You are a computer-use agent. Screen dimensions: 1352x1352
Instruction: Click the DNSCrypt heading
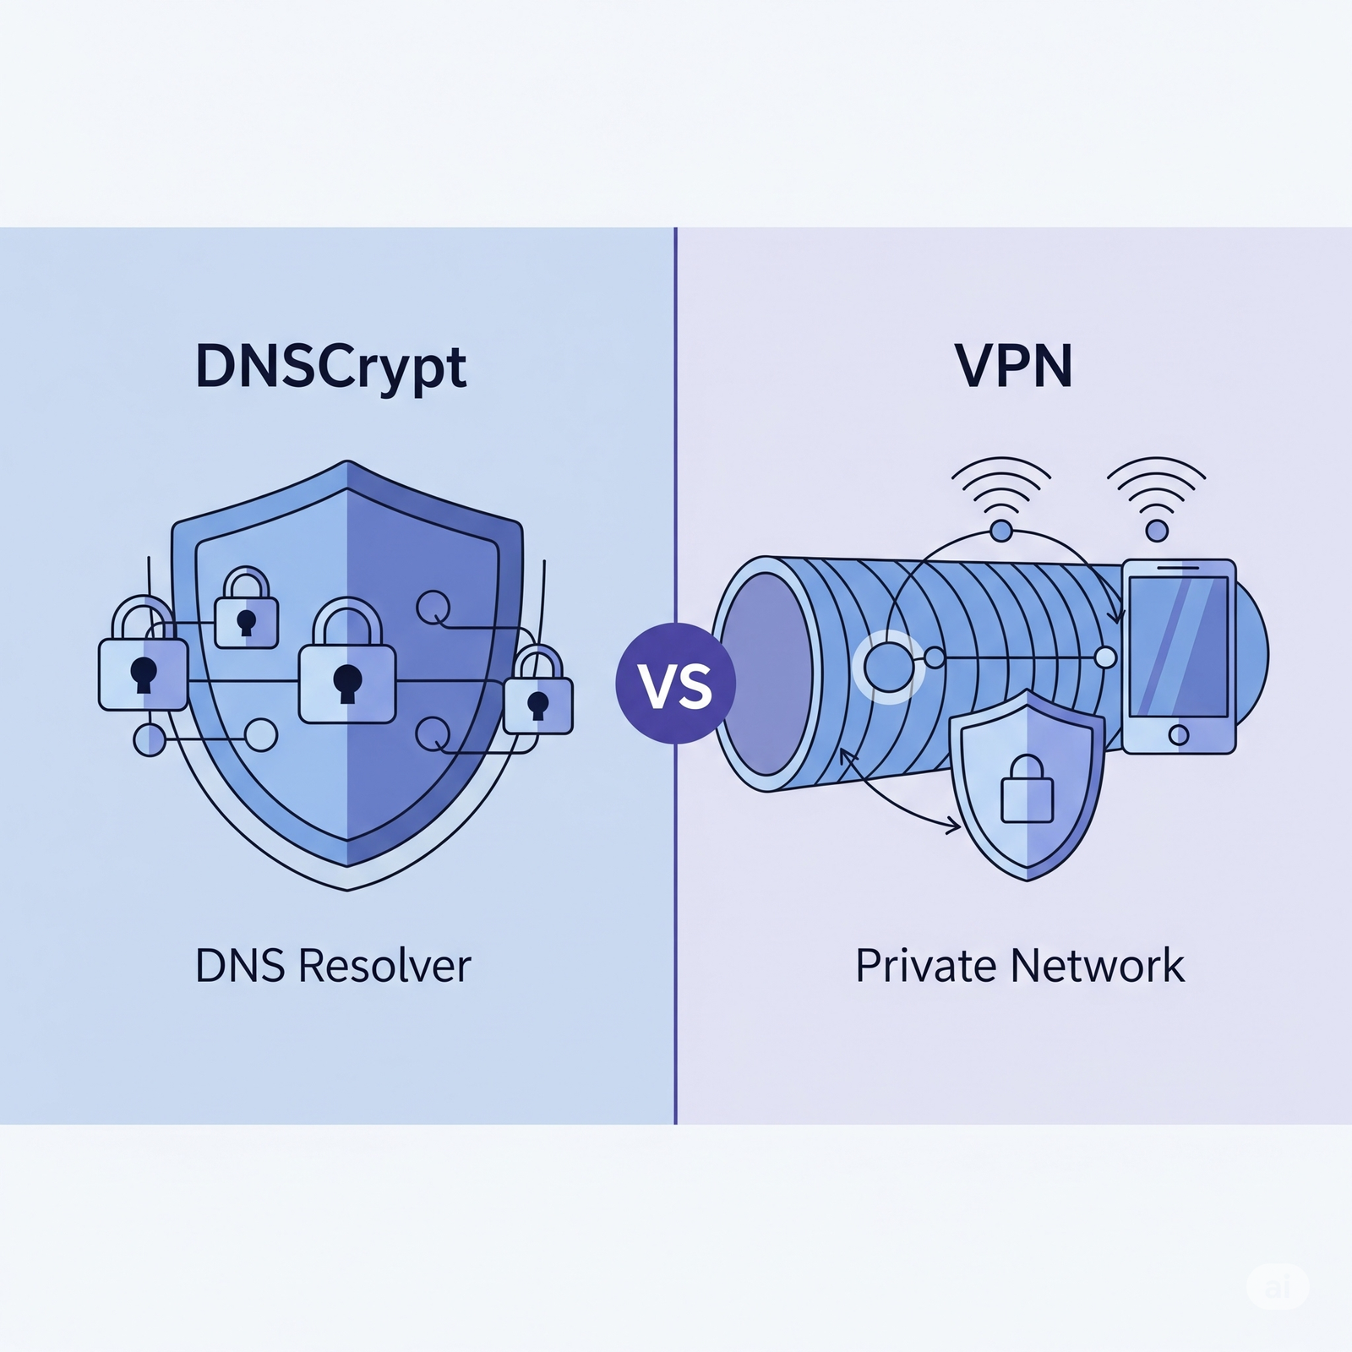(x=330, y=367)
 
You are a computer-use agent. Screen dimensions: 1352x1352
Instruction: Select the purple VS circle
(x=675, y=683)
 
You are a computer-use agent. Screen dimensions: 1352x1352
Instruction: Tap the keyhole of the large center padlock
(x=347, y=681)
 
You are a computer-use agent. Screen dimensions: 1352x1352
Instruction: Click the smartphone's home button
(x=1178, y=734)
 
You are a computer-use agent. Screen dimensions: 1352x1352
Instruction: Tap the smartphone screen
(x=1178, y=646)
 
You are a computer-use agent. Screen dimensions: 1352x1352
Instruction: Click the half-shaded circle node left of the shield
(x=150, y=739)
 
